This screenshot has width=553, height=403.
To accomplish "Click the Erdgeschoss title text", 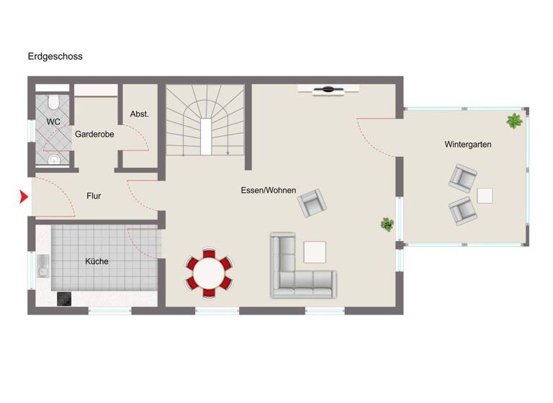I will point(55,56).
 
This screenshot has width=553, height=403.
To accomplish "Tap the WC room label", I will point(53,122).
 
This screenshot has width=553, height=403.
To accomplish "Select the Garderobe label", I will point(94,134).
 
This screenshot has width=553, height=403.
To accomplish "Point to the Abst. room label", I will point(139,114).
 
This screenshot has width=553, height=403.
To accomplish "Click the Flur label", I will point(94,195).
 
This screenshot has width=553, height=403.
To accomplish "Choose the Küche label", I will point(96,261).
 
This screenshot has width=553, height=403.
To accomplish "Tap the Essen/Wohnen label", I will point(269,190).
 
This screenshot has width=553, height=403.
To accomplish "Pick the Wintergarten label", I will point(467,145).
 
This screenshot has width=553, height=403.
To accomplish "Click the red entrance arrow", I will point(24,196).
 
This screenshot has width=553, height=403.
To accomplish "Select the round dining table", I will point(210,273).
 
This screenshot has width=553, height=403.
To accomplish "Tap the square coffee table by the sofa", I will point(315,252).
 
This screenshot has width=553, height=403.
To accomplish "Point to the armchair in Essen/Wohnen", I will point(312,204).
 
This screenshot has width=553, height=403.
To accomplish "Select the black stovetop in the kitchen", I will point(64,299).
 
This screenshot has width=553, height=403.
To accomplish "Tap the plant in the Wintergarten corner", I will point(514,121).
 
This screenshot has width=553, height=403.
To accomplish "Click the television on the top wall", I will point(328,89).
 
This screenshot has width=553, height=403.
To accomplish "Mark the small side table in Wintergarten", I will point(485,195).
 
